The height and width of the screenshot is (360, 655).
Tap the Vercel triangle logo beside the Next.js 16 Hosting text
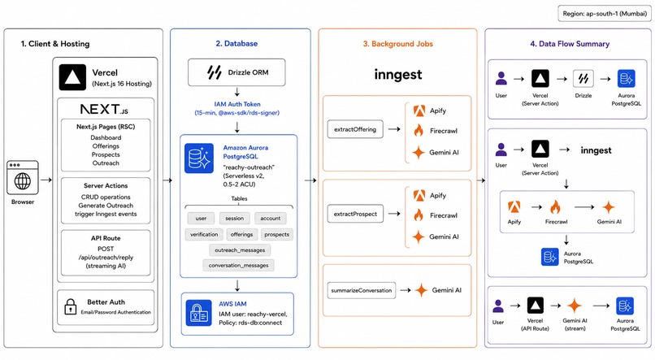pos(72,77)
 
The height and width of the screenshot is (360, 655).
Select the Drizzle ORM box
pos(236,72)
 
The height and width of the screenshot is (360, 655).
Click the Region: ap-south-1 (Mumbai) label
pos(605,13)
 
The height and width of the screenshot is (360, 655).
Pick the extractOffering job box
pos(355,129)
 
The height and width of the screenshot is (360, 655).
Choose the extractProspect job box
pos(355,214)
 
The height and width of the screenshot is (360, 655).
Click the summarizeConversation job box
pos(362,290)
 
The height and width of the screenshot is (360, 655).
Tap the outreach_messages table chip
pos(240,250)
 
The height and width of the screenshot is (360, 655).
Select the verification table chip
pos(204,234)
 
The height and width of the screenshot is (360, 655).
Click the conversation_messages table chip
pos(239,265)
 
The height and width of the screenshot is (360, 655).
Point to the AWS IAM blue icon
pos(199,313)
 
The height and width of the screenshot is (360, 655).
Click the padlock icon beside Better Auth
pos(70,307)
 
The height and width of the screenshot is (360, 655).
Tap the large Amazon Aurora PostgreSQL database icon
pos(199,158)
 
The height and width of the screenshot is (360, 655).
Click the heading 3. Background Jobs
pos(397,44)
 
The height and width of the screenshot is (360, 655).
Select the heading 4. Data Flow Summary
pos(570,44)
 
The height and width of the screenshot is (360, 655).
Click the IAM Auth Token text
pos(237,104)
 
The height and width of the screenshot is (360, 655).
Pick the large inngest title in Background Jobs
pos(398,74)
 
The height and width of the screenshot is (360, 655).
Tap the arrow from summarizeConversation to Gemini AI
pos(406,290)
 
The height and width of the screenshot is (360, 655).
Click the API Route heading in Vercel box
pos(106,238)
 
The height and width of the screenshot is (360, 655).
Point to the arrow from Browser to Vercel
pos(46,180)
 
